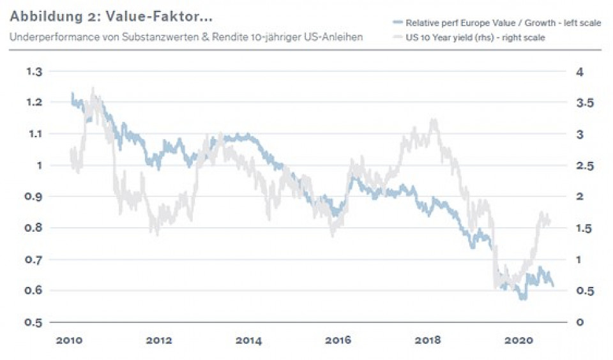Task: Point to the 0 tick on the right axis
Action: click(x=579, y=322)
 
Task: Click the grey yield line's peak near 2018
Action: click(x=434, y=120)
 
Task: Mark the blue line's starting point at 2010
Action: click(x=72, y=94)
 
